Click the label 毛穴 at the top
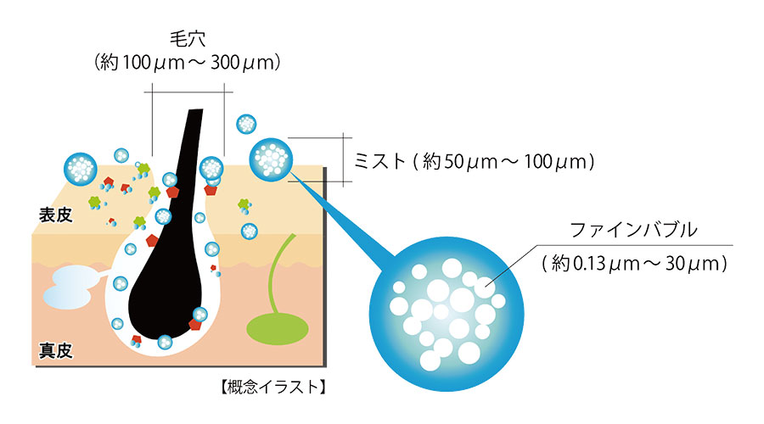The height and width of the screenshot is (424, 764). [188, 39]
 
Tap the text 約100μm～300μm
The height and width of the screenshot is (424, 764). [188, 62]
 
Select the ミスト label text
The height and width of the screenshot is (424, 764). [379, 160]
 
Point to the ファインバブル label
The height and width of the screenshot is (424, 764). [633, 229]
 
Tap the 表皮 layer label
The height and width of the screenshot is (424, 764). [55, 215]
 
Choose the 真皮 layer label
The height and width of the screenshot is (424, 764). [55, 350]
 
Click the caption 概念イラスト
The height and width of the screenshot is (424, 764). [272, 387]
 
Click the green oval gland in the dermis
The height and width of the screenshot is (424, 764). [278, 329]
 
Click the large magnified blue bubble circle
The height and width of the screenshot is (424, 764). [447, 314]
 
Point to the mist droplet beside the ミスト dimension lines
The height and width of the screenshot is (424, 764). [272, 159]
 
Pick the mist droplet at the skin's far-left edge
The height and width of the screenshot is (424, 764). [81, 169]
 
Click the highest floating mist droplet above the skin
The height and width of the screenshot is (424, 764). [246, 124]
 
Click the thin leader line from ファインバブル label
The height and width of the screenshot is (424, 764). [512, 265]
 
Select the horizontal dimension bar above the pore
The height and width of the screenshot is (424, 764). [188, 92]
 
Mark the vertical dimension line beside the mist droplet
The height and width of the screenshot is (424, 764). [344, 159]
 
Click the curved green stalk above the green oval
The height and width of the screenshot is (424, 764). [278, 272]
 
